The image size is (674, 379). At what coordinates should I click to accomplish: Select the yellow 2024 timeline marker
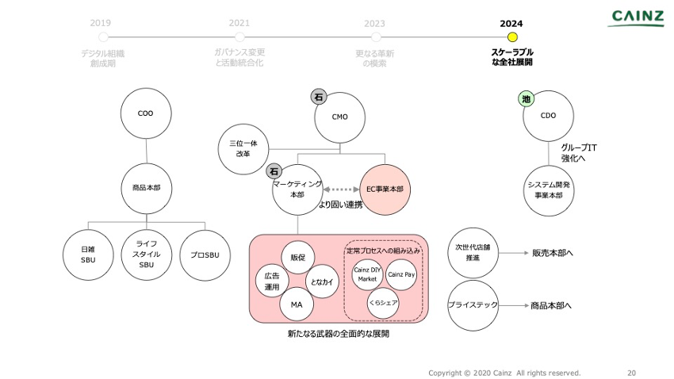point(512,36)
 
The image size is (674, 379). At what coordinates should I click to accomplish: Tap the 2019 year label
point(101,23)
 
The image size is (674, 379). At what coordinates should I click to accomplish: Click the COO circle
point(146,113)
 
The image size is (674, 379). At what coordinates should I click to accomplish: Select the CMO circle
point(340,117)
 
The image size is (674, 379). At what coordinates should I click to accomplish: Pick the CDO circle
point(548,116)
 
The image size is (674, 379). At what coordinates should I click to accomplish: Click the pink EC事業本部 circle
point(385,190)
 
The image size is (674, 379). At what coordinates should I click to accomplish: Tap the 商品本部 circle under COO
point(146,189)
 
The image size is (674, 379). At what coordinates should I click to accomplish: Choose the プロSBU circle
point(205,255)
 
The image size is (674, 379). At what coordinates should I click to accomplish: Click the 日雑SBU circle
point(88,255)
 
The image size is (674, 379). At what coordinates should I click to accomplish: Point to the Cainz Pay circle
point(401,274)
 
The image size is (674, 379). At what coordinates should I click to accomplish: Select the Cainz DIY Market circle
point(367,274)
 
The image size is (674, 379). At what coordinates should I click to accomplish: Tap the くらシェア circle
point(383,303)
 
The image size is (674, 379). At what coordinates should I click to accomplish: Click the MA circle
point(297,304)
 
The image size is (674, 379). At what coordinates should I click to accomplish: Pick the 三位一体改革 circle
point(243,148)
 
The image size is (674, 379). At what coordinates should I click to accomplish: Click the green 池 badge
point(527,99)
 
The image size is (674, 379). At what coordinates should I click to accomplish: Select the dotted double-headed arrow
point(342,190)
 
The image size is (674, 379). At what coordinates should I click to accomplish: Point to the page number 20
point(631,373)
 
